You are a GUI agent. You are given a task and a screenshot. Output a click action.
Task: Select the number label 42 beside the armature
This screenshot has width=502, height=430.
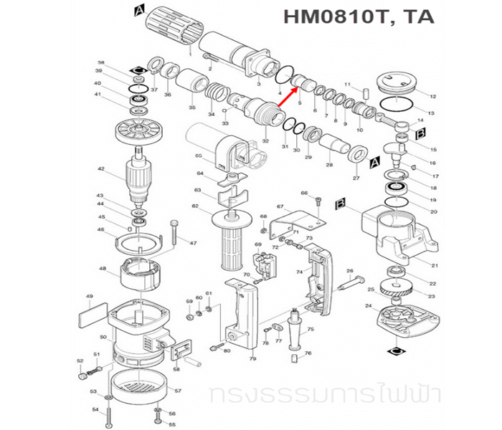pyautogui.click(x=101, y=169)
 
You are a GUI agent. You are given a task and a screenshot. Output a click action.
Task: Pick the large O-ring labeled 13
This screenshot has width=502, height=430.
pyautogui.click(x=394, y=104)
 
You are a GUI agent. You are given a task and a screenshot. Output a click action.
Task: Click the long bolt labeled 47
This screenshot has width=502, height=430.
pyautogui.click(x=174, y=233)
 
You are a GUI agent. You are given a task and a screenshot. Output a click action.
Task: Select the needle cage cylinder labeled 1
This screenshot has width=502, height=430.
pyautogui.click(x=171, y=30)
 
